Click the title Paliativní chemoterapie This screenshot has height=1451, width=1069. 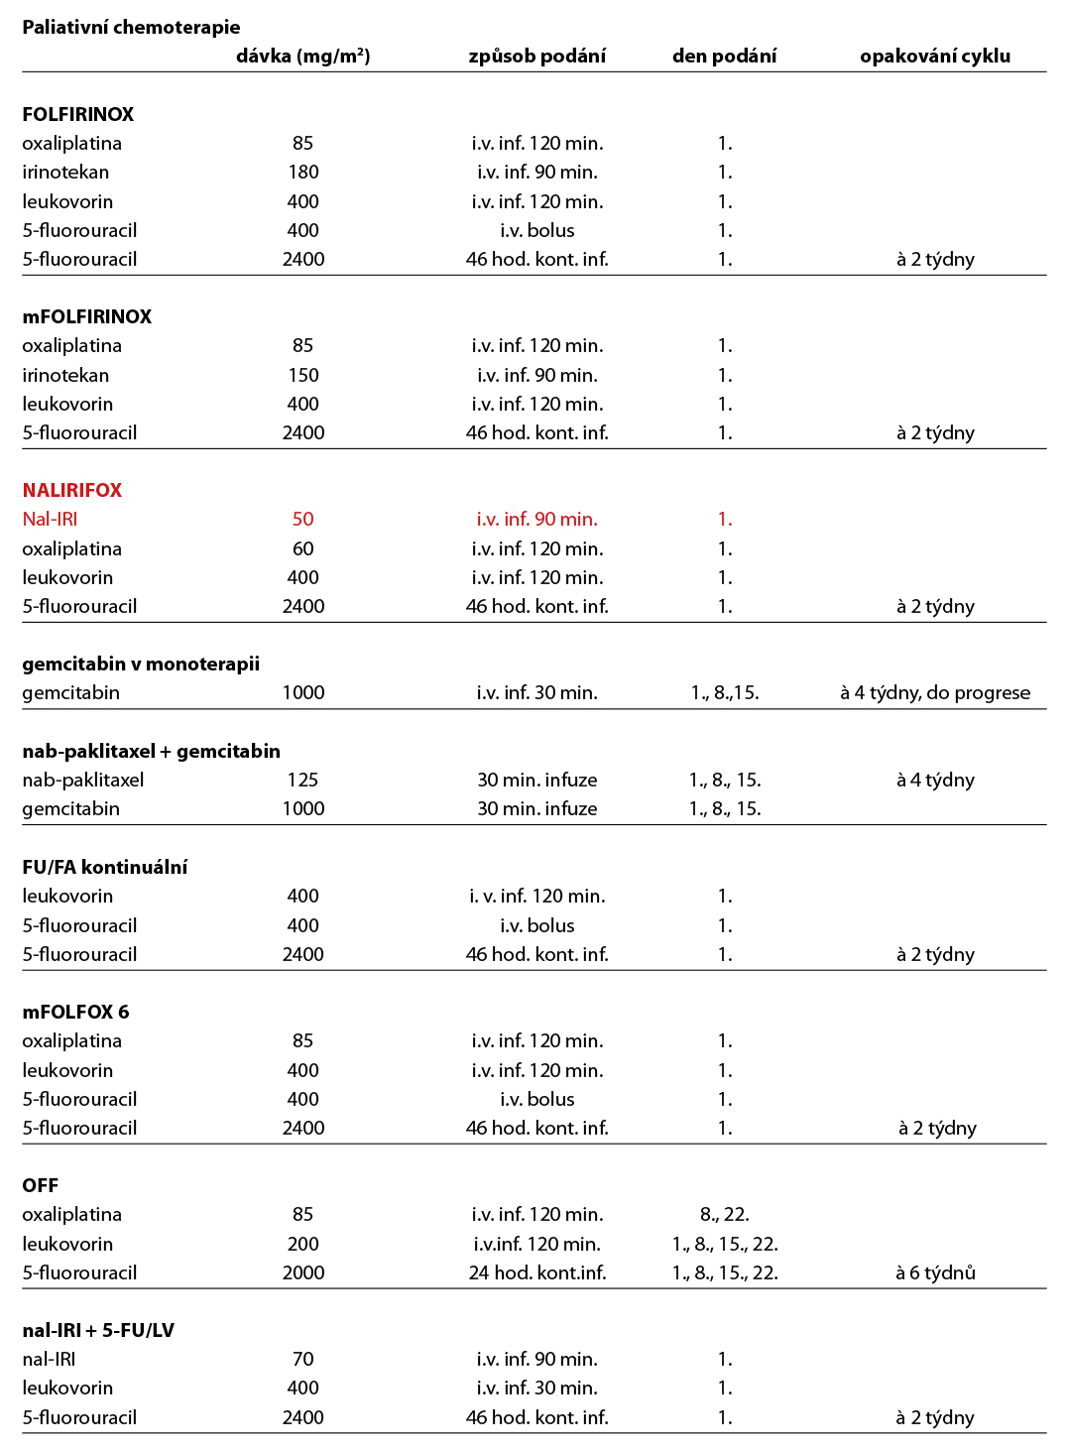coord(131,27)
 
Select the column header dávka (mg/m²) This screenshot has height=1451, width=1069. coord(302,56)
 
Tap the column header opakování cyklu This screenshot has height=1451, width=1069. coord(934,56)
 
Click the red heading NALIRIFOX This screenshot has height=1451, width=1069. coord(71,490)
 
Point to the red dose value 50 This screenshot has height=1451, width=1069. coord(302,519)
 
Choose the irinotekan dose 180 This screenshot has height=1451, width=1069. coord(302,172)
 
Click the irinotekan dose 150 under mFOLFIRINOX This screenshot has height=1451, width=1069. coord(302,375)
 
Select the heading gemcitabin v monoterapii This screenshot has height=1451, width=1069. coord(141,664)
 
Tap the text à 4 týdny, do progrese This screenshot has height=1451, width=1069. coord(934,692)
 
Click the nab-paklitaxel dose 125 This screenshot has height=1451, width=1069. coord(302,780)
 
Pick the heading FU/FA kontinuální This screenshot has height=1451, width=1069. coord(104,867)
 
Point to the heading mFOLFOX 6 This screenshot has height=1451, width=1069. coord(75,1012)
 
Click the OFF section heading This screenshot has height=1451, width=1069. coord(40,1185)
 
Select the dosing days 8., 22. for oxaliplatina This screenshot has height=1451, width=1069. coord(724,1214)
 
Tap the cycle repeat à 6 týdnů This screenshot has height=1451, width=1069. coord(934,1272)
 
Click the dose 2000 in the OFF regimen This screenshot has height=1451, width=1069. coord(302,1272)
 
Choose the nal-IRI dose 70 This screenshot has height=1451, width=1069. coord(302,1359)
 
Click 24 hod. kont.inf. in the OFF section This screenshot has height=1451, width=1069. coord(536,1272)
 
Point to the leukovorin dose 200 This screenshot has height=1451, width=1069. coord(302,1244)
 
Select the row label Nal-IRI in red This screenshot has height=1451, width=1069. coord(50,519)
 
